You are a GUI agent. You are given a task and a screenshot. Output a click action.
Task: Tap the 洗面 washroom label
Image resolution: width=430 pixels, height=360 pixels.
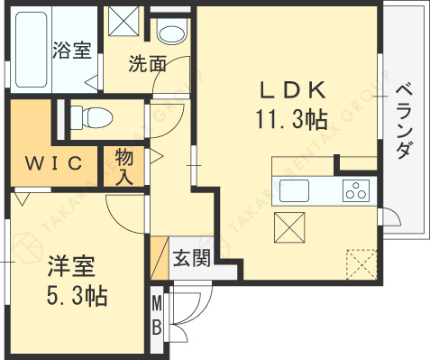pos(147,64)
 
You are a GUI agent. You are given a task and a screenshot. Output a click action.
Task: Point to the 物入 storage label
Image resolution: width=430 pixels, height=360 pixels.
pos(125,165)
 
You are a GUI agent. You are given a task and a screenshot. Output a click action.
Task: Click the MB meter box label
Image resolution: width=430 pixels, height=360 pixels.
pos(157,314)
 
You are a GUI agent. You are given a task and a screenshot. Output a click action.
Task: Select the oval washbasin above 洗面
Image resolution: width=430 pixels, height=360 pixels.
pos(169,33)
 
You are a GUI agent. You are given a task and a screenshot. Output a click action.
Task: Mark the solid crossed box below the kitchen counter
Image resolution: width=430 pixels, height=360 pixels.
pos(289,225)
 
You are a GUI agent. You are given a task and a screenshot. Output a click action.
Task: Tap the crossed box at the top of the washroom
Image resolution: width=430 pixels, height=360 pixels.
pos(122,20)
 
